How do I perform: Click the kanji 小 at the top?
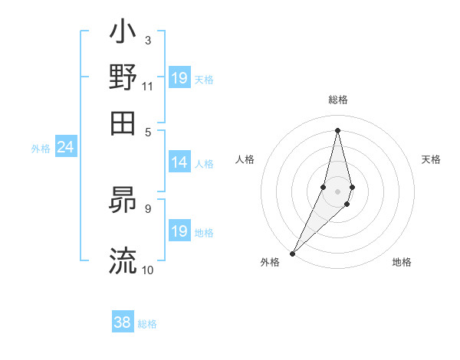[123, 33]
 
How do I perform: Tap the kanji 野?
[123, 77]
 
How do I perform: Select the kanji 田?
[123, 123]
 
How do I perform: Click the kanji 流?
[123, 260]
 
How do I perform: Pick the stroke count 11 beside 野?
[147, 87]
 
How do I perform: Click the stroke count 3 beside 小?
[147, 40]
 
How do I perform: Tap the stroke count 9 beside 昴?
[147, 208]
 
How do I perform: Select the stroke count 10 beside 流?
[147, 270]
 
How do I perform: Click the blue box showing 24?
[65, 147]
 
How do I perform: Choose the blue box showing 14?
[179, 162]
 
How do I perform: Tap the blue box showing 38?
[122, 322]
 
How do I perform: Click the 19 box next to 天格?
[179, 78]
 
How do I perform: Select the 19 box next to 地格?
[179, 231]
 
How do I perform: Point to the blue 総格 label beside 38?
[147, 324]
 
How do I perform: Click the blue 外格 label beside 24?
[41, 149]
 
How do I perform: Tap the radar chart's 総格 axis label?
[337, 100]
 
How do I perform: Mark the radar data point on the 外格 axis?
[293, 253]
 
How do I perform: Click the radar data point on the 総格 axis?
[337, 130]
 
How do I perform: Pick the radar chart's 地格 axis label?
[402, 263]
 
